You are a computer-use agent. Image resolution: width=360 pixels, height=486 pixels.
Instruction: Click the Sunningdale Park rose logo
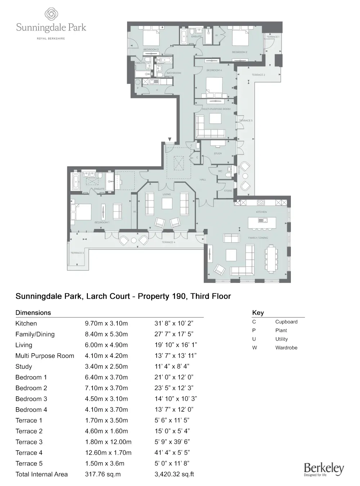51,15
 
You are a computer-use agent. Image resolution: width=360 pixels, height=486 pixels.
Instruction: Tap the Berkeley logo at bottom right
324,469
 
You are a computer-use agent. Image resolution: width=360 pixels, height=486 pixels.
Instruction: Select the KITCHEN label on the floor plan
261,212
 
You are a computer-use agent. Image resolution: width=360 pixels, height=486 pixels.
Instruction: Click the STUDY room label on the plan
218,154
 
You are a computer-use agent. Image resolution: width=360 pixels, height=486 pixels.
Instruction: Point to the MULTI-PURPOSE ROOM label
216,109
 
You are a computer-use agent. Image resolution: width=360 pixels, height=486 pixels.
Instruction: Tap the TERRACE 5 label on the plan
77,253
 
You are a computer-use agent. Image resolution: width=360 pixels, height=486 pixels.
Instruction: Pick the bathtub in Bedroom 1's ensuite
76,181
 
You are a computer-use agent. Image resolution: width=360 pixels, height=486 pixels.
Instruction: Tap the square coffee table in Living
167,204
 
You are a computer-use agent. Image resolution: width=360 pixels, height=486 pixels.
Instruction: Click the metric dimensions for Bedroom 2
106,388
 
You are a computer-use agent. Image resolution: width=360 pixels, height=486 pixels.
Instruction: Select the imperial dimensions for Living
176,345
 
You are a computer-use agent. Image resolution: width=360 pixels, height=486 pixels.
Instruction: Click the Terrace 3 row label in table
29,442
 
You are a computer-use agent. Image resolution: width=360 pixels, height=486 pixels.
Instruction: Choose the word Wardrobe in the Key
286,348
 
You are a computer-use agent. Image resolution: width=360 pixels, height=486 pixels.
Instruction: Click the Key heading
258,312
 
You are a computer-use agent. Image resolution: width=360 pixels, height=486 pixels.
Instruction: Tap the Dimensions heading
33,312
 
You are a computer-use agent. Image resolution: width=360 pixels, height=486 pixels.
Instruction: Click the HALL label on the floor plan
203,180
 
